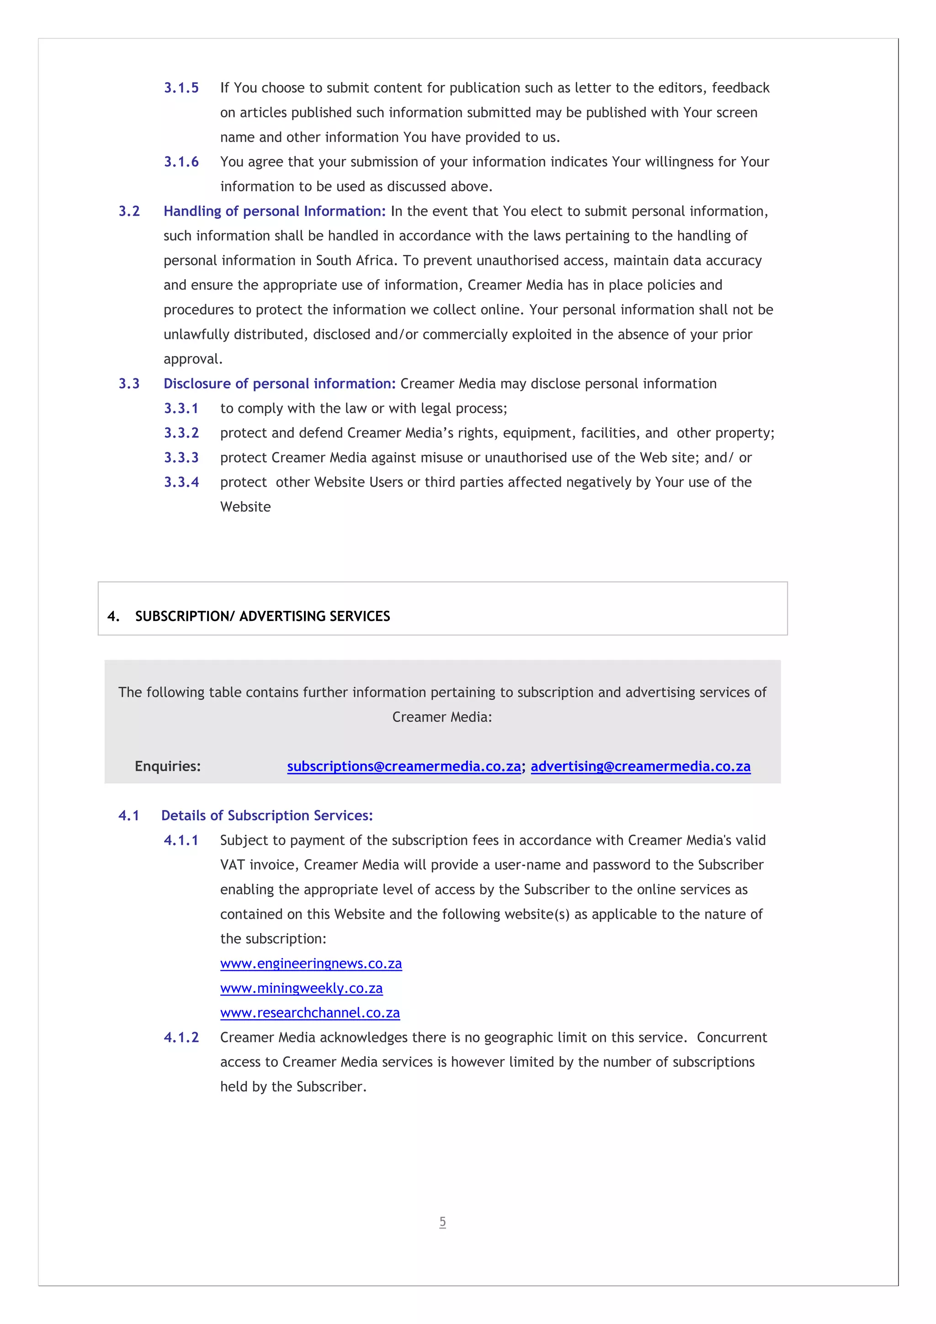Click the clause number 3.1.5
[x=181, y=88]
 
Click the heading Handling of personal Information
[x=274, y=211]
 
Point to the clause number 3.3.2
[x=181, y=433]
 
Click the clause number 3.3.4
[x=181, y=482]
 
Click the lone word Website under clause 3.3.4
[x=245, y=507]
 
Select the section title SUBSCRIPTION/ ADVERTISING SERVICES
[x=262, y=616]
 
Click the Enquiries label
[x=167, y=766]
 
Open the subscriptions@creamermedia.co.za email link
[x=404, y=766]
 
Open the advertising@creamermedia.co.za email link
[x=640, y=766]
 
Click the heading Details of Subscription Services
[x=266, y=816]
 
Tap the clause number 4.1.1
[x=181, y=840]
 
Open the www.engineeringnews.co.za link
[x=311, y=964]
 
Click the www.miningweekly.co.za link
[x=301, y=988]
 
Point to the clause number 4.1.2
[x=181, y=1038]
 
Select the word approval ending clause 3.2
[x=192, y=359]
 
